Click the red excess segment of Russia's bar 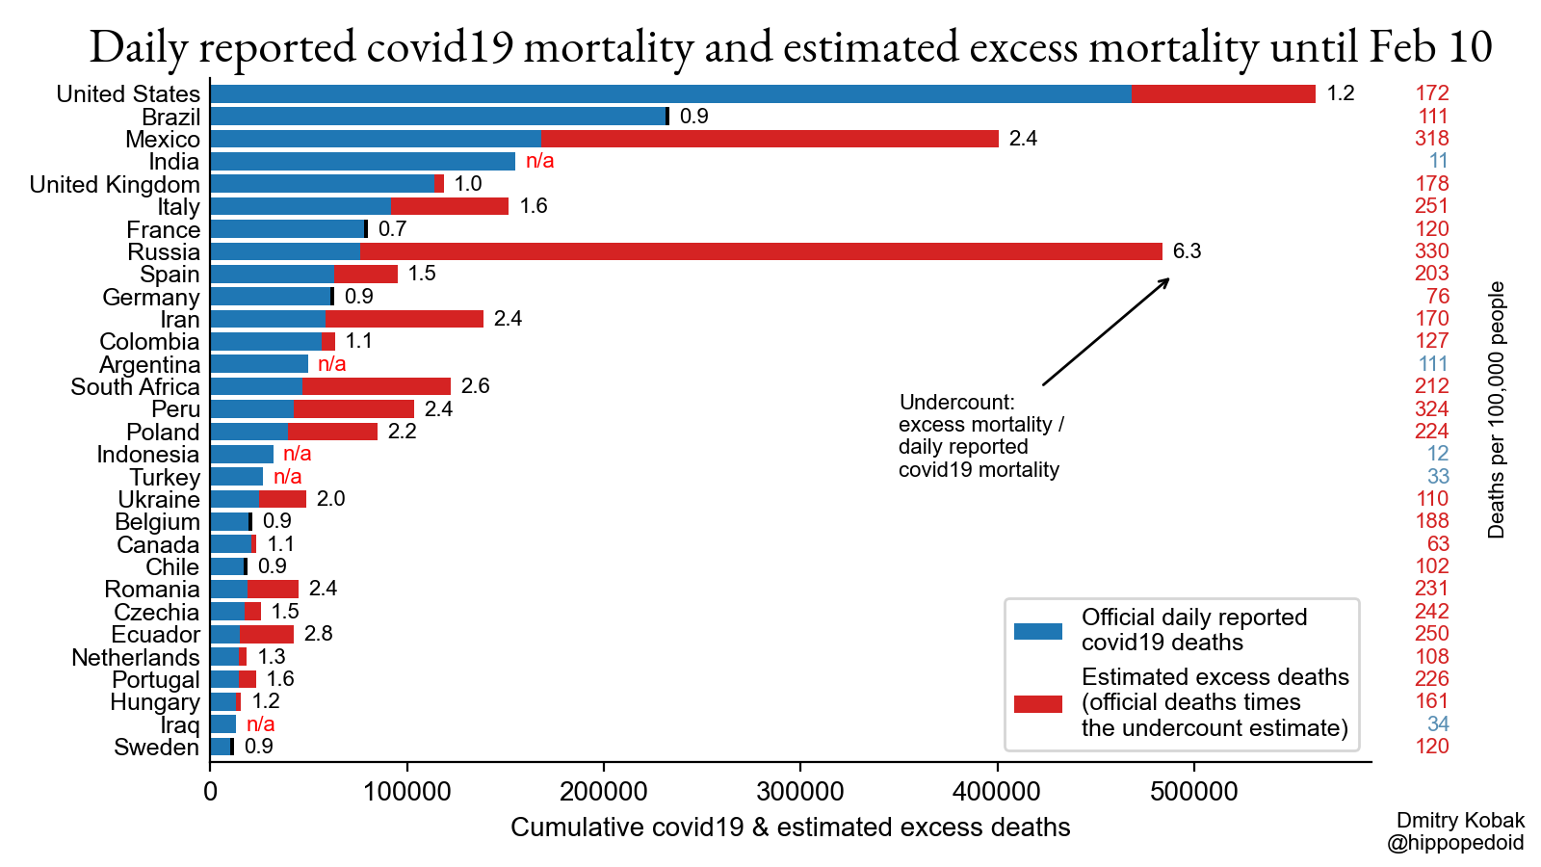[761, 251]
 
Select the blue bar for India [362, 162]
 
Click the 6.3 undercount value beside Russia [1187, 251]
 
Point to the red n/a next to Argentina [331, 364]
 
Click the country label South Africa [135, 387]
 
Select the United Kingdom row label [115, 185]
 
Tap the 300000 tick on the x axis [800, 792]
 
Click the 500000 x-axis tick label [1194, 792]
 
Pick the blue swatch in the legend [1038, 631]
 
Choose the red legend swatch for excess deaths [1038, 703]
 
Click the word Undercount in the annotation [956, 403]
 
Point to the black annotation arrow [1106, 332]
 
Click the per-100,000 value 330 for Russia [1431, 251]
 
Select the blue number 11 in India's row [1438, 161]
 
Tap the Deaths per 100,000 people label [1496, 409]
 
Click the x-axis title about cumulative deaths [790, 828]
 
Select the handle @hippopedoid [1455, 843]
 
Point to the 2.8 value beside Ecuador [318, 634]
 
